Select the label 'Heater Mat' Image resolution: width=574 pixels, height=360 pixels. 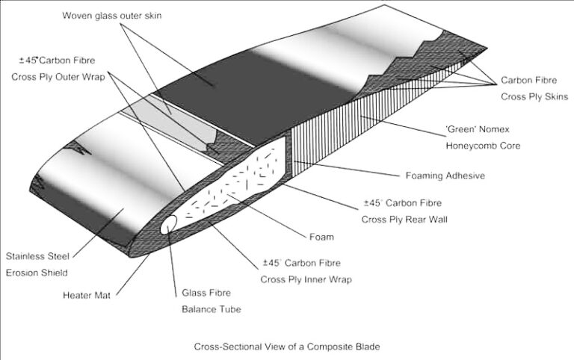[89, 295]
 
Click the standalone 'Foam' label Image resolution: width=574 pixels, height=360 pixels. [321, 238]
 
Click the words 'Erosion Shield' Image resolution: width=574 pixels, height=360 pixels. [37, 272]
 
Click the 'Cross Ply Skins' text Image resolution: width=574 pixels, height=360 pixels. [534, 96]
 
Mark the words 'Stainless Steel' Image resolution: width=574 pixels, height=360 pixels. [37, 255]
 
